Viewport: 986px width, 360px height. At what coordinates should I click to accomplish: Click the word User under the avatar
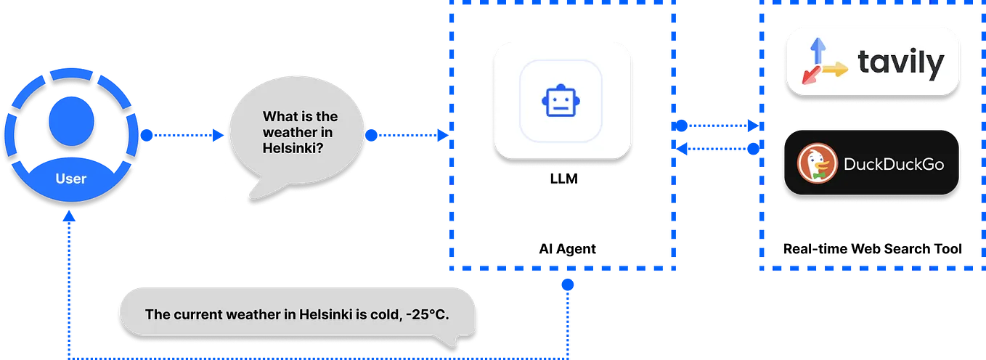70,179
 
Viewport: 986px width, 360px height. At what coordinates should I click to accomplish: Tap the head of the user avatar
70,120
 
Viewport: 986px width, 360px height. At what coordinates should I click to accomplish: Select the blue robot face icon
560,101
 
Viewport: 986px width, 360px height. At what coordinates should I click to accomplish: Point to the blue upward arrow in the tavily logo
817,51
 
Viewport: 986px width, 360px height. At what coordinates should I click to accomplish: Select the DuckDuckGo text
893,165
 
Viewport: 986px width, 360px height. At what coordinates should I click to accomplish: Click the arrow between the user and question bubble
184,134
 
